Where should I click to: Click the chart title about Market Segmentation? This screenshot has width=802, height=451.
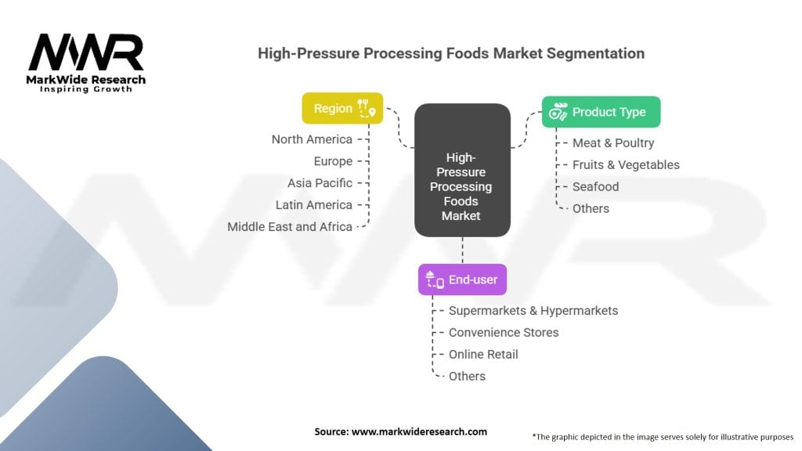451,54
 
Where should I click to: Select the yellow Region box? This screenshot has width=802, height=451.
342,109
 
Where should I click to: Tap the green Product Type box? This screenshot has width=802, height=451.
601,112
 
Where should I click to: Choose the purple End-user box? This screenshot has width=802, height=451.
462,280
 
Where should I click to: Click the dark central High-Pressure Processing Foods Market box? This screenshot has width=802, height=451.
462,171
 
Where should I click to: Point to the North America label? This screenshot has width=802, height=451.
312,139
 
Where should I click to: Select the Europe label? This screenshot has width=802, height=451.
333,161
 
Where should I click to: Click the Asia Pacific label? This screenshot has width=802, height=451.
320,183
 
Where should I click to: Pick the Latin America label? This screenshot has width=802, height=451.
314,205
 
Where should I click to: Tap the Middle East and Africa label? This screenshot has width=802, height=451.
290,227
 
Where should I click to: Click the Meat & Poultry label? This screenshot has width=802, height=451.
612,143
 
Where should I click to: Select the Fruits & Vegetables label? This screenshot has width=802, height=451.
625,165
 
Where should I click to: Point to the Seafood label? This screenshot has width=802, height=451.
595,187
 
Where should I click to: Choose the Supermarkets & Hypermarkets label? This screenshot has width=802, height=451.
533,311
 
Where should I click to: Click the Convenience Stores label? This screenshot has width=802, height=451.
504,333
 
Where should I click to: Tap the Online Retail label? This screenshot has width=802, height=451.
483,355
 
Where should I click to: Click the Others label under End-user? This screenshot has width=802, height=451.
467,377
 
